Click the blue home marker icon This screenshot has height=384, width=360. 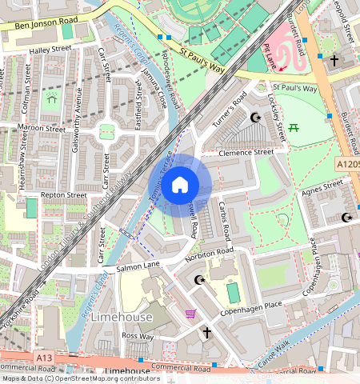point(180,185)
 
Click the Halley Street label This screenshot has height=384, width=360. point(50,49)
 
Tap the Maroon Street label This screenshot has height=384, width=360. point(43,127)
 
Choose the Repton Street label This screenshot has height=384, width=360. point(64,194)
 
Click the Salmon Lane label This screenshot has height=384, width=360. point(138,263)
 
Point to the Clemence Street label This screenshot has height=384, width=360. point(247,151)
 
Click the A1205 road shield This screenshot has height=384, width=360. point(346,163)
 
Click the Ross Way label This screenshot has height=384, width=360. point(138,337)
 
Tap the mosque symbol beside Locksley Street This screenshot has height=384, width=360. point(256,118)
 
